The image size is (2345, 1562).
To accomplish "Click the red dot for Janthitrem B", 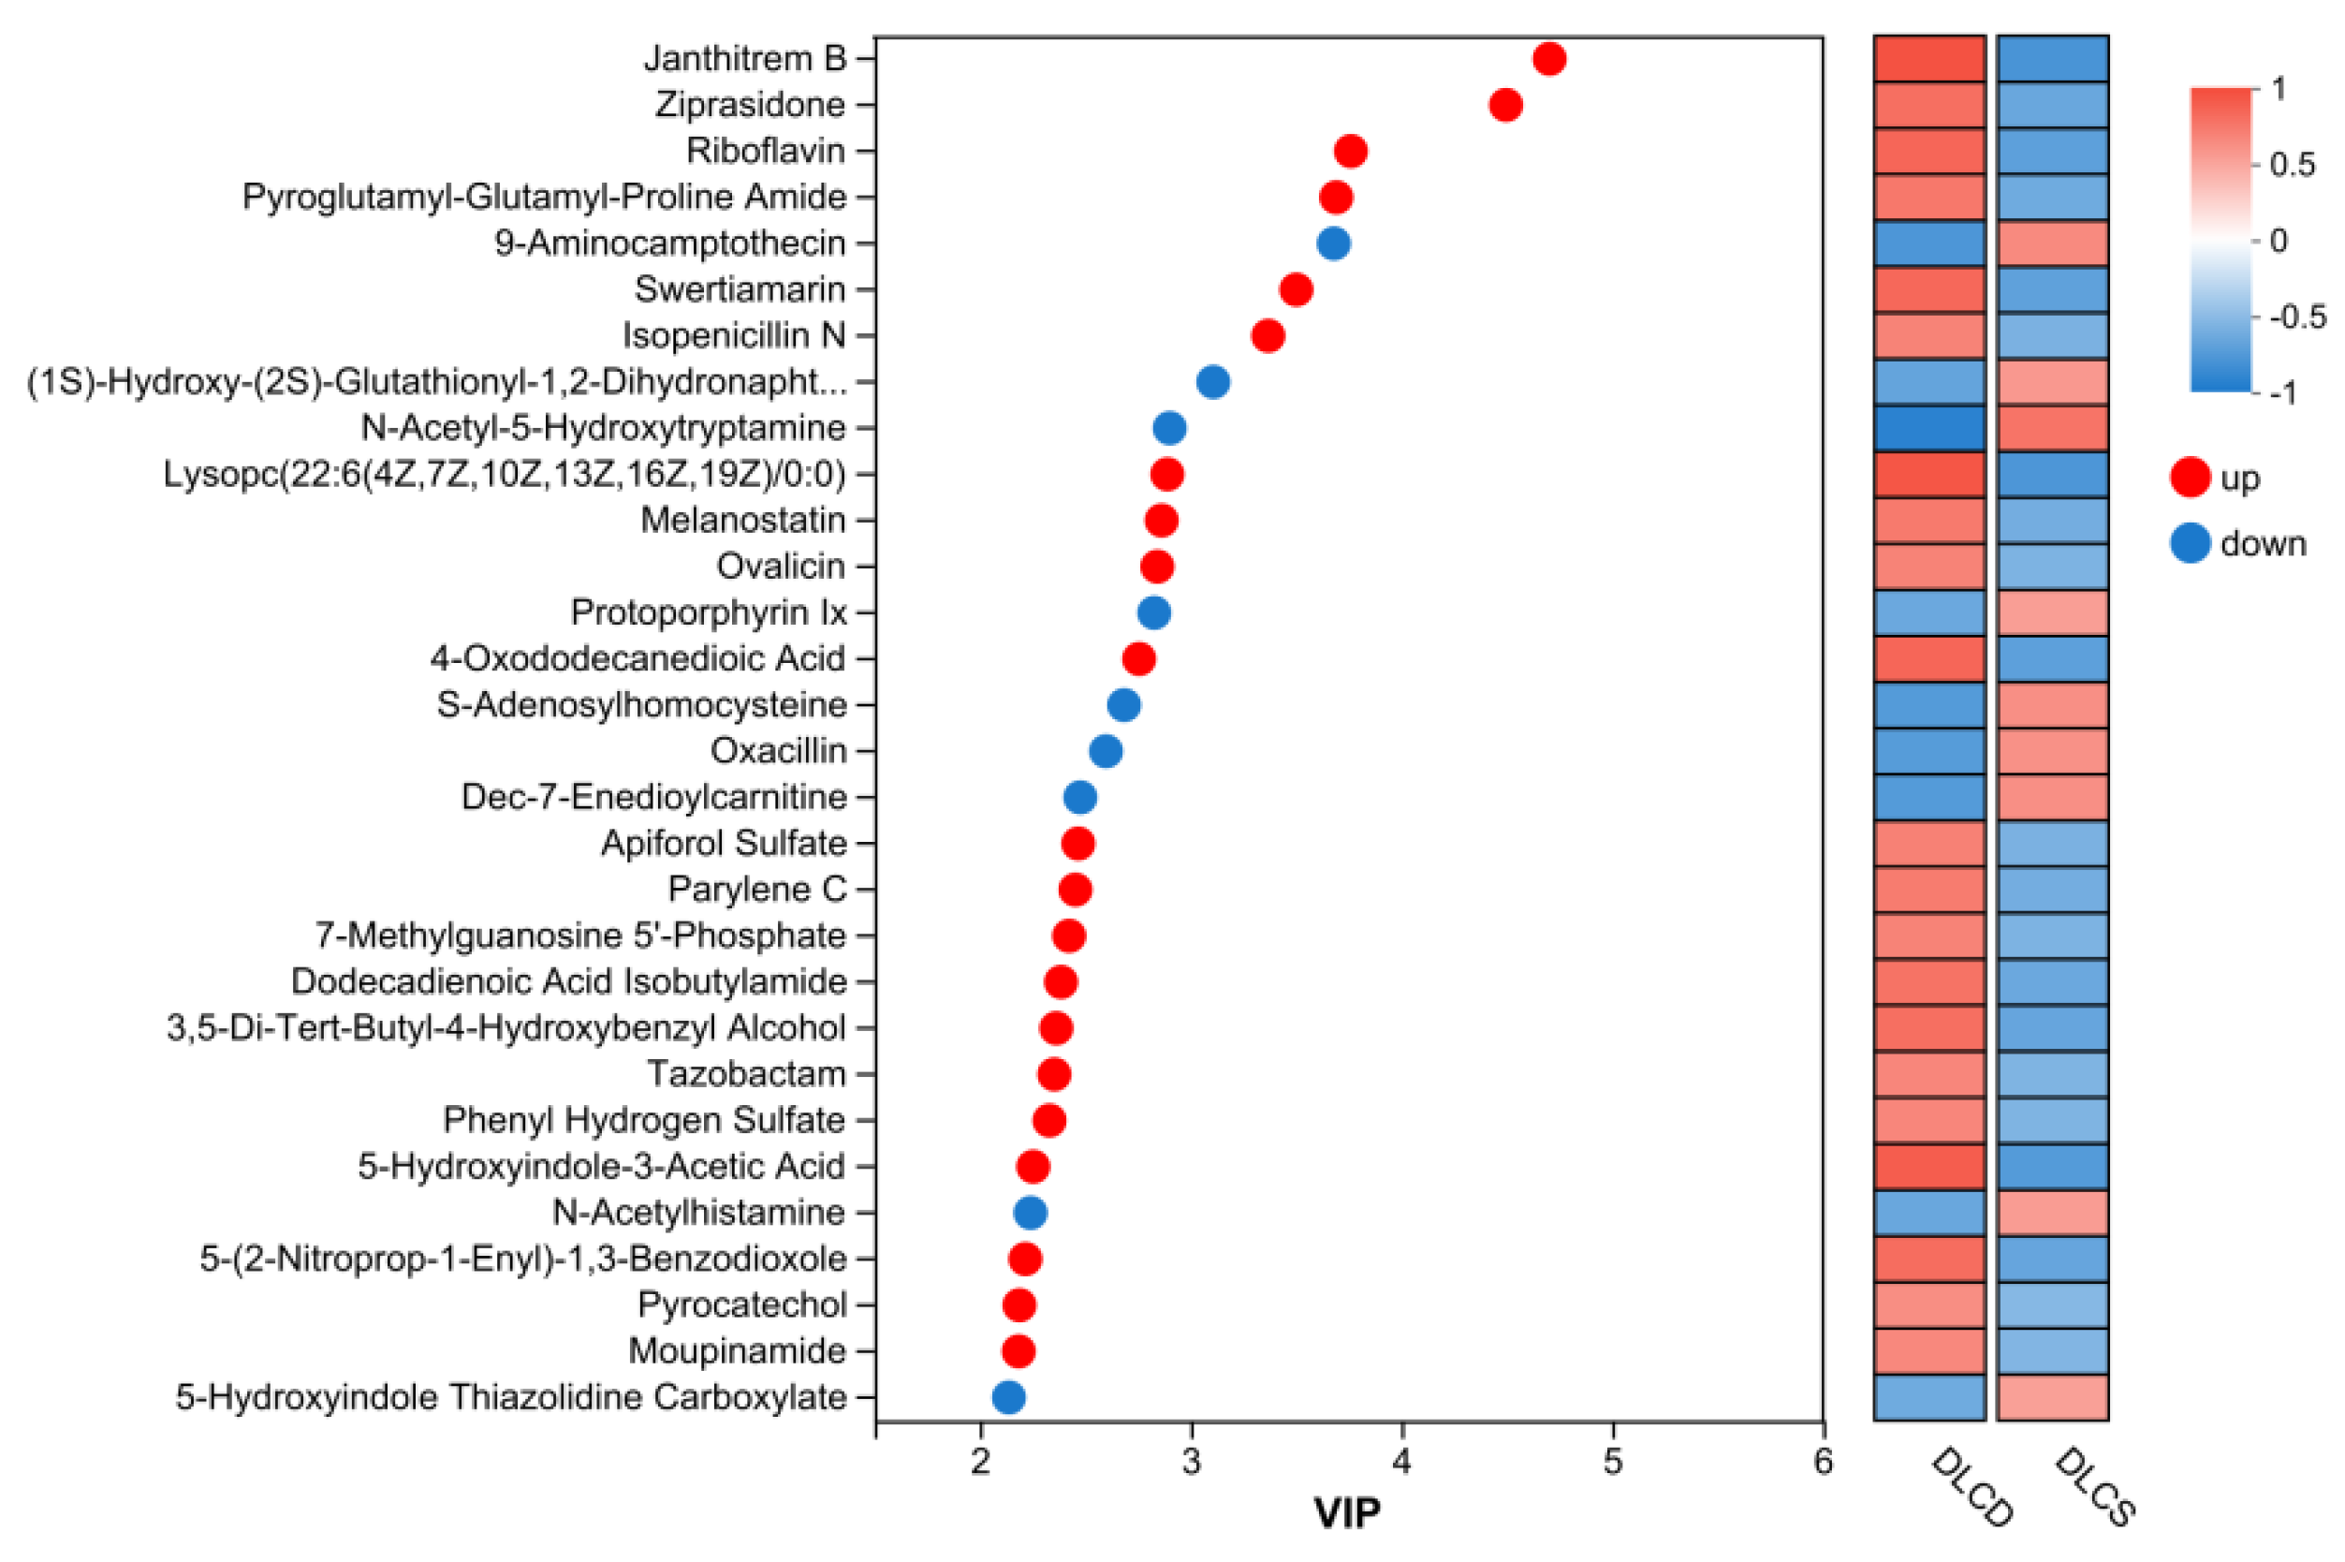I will pos(1548,59).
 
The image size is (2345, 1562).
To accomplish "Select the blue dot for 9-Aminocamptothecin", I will pos(1332,243).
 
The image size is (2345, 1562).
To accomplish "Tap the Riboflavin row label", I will pos(765,151).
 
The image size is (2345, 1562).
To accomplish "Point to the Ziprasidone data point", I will pos(1504,105).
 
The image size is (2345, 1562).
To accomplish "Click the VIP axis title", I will pos(1346,1512).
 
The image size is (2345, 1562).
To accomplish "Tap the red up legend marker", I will pos(2189,478).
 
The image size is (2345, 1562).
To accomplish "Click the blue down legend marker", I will pos(2189,543).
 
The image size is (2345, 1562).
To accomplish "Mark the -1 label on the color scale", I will pos(2282,392).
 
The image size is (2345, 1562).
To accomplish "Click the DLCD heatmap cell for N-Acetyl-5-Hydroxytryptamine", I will pos(1927,428).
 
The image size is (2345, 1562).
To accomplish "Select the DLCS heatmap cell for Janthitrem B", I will pos(2051,59).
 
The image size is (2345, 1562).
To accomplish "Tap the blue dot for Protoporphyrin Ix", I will pos(1153,612).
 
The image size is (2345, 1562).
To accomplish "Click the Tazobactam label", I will pos(746,1074).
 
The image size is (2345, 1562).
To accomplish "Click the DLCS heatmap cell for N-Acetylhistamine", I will pos(2051,1213).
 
